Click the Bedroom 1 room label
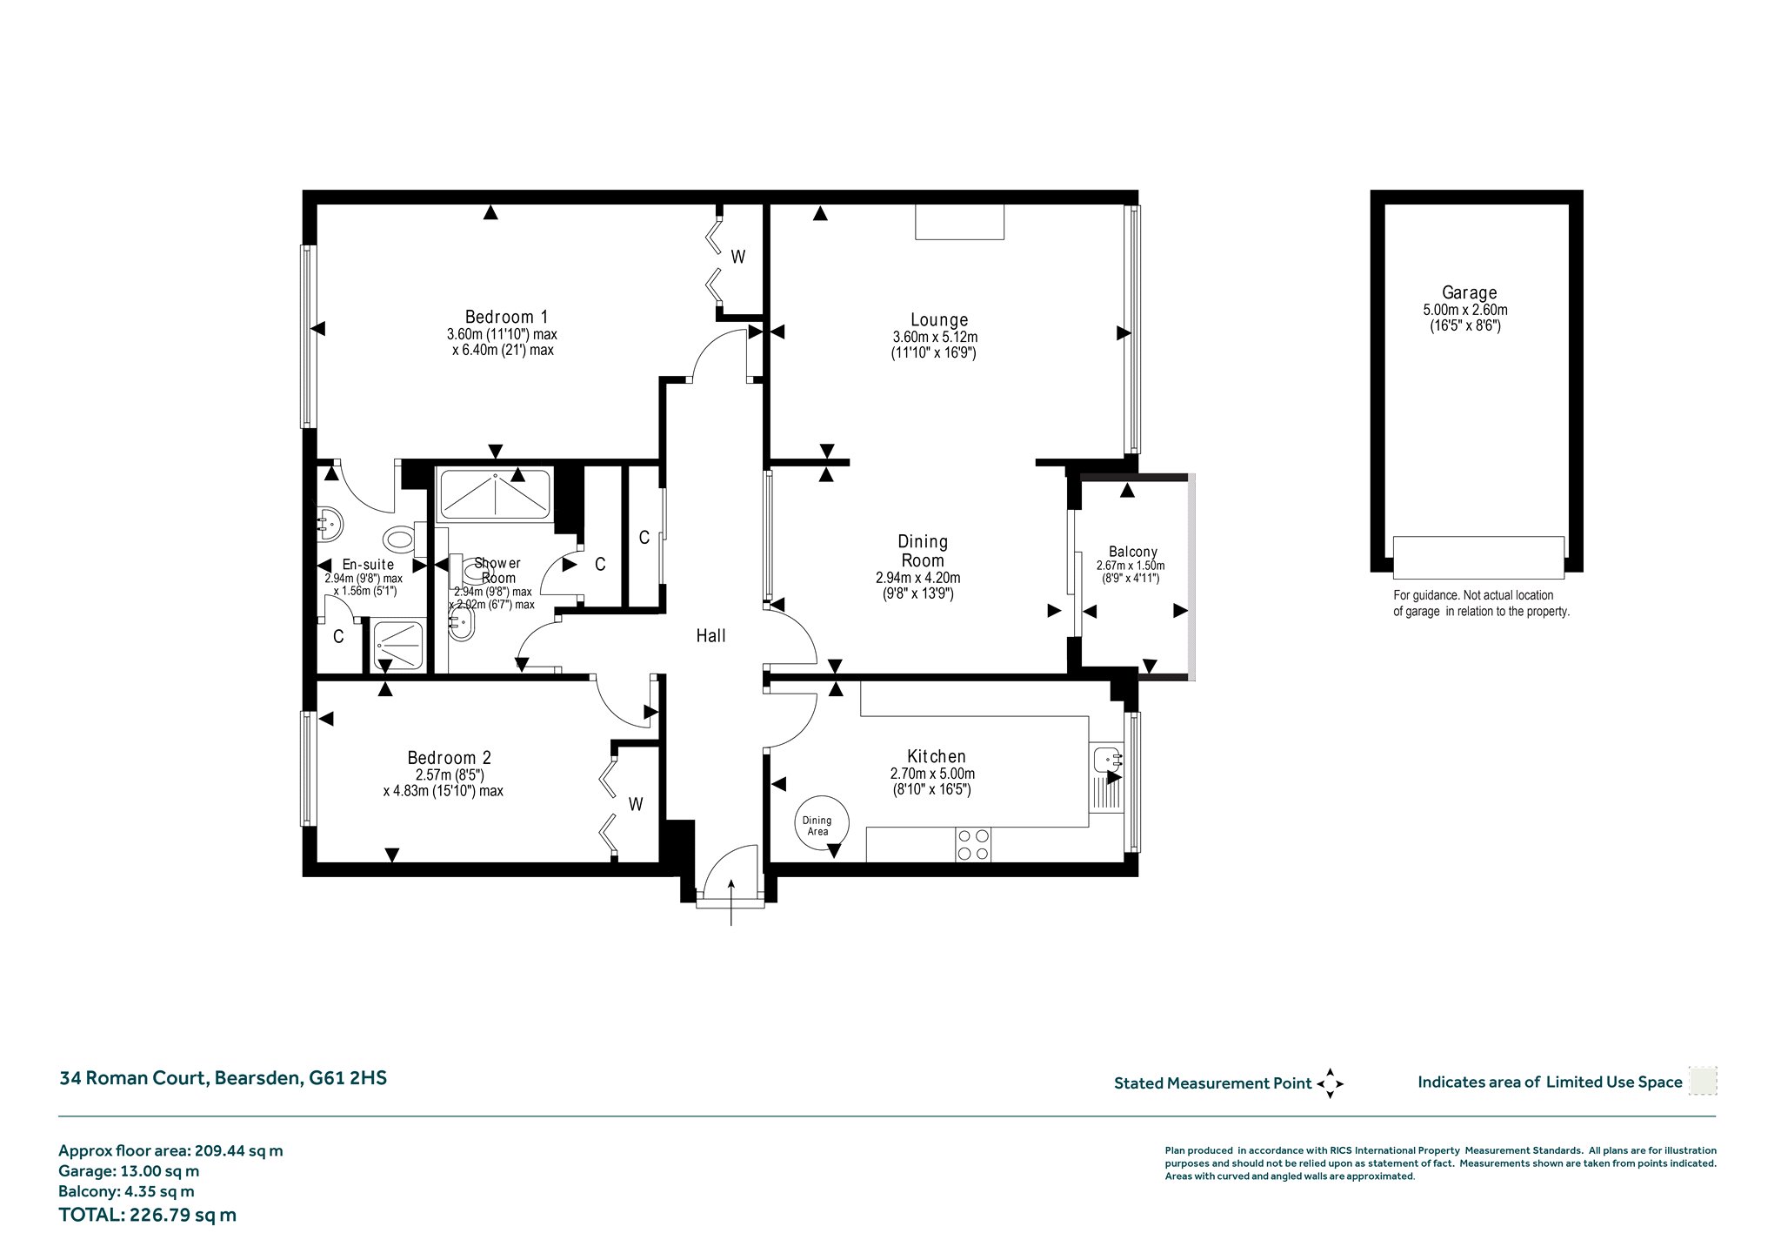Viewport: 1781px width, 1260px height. click(506, 317)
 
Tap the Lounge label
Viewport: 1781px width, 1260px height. click(939, 319)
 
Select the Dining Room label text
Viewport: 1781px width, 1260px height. click(923, 551)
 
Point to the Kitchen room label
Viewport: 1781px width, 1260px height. click(936, 756)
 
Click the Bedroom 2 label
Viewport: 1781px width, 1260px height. click(449, 758)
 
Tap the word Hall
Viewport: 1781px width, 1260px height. click(710, 636)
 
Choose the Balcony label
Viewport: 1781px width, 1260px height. click(1132, 552)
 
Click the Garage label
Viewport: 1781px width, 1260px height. click(1469, 293)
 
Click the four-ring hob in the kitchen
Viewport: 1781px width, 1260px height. click(972, 843)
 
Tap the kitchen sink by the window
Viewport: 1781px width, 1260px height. click(1105, 760)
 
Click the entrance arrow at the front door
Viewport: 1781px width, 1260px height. click(731, 902)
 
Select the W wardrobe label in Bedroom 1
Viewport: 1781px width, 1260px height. click(737, 257)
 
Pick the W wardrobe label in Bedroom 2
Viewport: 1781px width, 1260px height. click(636, 805)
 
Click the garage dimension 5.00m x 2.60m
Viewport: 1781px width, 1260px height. click(1465, 310)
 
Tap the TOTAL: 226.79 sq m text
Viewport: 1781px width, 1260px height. click(147, 1215)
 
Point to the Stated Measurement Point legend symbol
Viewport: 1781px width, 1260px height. click(1330, 1083)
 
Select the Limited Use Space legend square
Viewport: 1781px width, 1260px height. click(1702, 1082)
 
